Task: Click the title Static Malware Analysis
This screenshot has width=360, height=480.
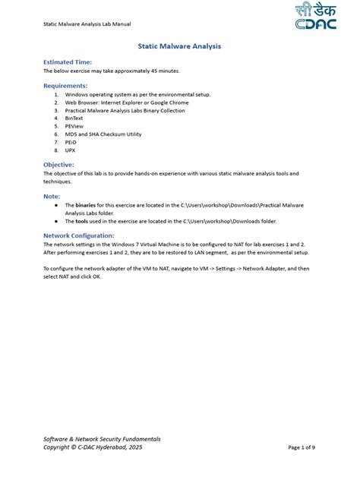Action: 180,46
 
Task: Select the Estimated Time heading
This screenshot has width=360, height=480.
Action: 68,62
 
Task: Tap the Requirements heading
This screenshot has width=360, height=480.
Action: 65,86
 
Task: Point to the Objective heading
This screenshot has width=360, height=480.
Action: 58,164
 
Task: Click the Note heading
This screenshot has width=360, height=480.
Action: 52,196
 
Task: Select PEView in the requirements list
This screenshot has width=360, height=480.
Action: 74,126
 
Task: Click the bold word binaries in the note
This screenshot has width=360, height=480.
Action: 86,205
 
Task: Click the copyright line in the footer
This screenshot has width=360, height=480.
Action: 93,447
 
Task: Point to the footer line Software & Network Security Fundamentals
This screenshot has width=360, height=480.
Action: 102,439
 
